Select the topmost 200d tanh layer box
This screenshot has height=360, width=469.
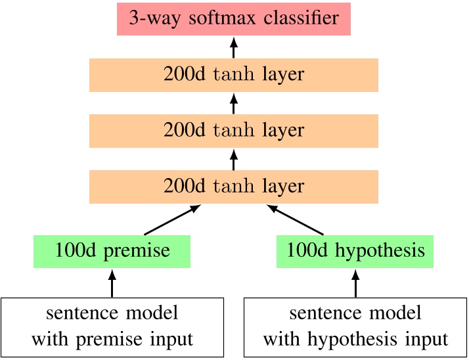[x=233, y=74]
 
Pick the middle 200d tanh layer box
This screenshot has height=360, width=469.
[x=233, y=130]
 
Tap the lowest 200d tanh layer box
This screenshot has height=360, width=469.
[x=233, y=186]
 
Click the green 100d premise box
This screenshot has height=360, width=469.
[x=112, y=251]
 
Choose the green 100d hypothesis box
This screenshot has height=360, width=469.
[x=355, y=251]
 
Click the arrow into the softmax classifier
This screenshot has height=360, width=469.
[x=233, y=47]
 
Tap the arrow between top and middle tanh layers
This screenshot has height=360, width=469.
[x=233, y=102]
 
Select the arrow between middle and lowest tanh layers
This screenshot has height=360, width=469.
[x=233, y=158]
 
